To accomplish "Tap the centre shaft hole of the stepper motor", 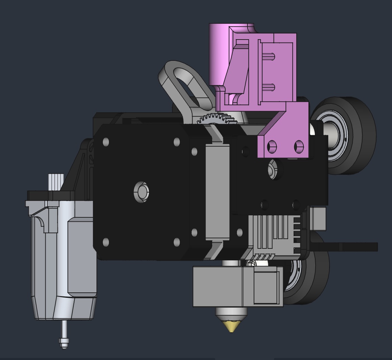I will [x=142, y=192].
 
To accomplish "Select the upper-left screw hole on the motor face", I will [x=106, y=142].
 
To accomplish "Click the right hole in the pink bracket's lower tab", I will [x=299, y=146].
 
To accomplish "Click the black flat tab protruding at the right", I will [x=355, y=247].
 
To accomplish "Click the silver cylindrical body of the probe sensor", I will [x=64, y=264].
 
